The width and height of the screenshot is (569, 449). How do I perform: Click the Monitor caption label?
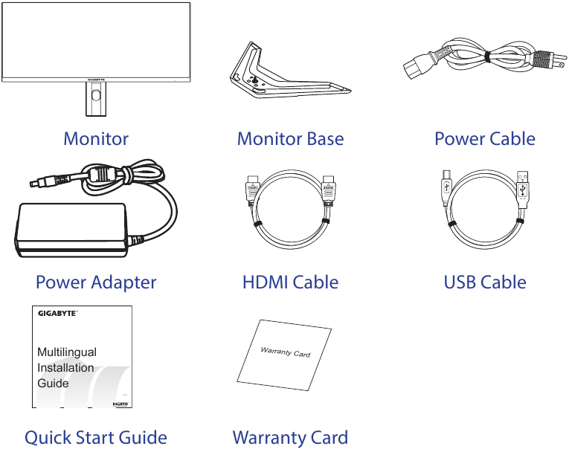[96, 139]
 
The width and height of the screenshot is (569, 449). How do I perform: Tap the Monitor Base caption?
[290, 139]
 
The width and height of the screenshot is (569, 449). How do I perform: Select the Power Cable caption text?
[484, 139]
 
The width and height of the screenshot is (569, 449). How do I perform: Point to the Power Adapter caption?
[96, 282]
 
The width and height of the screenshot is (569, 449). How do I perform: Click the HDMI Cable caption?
[290, 282]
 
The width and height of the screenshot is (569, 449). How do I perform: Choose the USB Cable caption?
[484, 282]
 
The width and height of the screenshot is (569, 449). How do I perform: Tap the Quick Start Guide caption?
[96, 438]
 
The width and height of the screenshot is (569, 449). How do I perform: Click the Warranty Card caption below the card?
[290, 438]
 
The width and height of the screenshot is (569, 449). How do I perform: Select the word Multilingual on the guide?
[67, 352]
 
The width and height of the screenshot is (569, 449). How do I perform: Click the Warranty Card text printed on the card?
[286, 352]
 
